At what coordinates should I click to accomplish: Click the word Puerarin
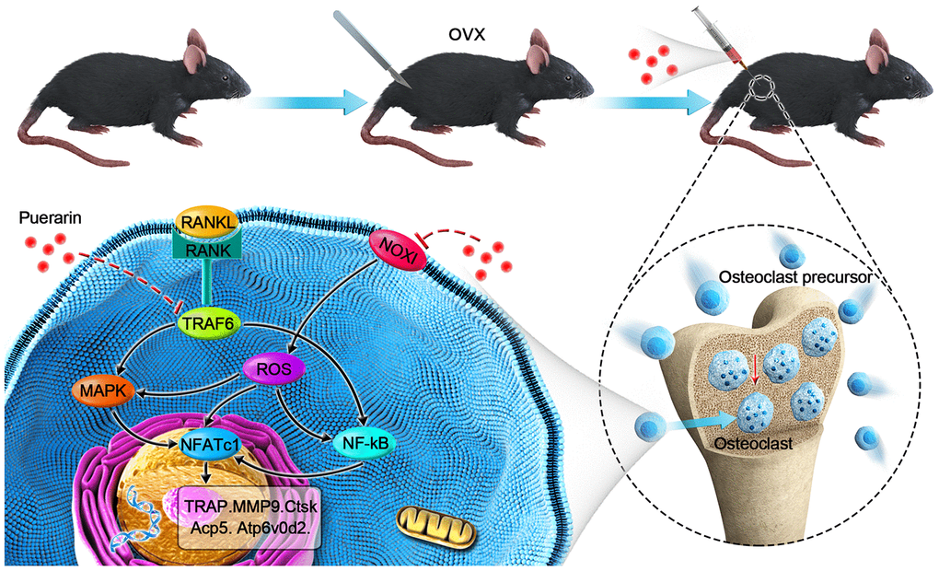coord(46,221)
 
